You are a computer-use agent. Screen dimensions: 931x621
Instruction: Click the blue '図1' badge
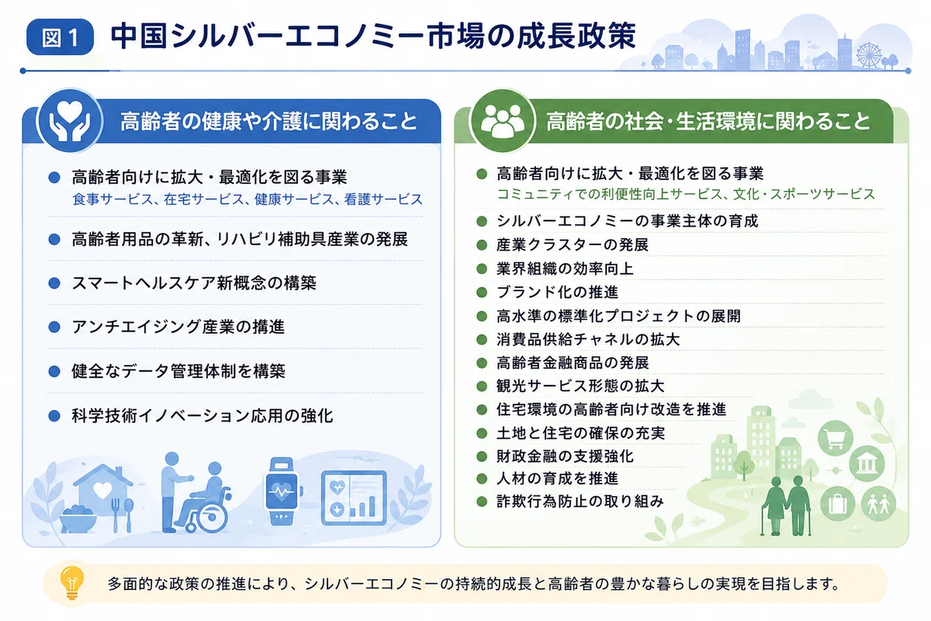(60, 37)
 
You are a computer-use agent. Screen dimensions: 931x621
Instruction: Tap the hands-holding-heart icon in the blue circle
(69, 120)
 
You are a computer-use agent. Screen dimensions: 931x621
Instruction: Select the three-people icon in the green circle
(502, 120)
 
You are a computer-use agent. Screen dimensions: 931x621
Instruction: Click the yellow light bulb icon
(72, 583)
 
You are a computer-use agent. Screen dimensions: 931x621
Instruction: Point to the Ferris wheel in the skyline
(869, 54)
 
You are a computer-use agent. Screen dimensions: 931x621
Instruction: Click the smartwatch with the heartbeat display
(282, 491)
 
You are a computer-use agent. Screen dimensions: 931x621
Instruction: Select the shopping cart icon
(836, 439)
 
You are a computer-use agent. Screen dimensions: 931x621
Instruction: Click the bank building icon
(867, 463)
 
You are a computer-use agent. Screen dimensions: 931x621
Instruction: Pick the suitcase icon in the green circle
(838, 503)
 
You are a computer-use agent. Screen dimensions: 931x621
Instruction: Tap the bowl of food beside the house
(78, 519)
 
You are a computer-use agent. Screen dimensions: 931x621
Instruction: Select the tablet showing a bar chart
(354, 498)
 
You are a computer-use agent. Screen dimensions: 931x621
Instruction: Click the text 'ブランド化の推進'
(557, 292)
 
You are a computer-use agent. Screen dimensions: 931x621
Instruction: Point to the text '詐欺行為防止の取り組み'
(580, 501)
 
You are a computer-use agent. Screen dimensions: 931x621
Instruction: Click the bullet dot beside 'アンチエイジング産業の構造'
(54, 327)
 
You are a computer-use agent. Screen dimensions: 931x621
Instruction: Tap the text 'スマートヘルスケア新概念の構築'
(194, 283)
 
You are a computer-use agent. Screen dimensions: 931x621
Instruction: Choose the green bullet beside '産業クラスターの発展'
(482, 245)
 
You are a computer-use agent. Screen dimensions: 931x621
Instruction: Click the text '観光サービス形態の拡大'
(580, 386)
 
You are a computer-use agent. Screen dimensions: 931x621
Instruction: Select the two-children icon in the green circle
(878, 504)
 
